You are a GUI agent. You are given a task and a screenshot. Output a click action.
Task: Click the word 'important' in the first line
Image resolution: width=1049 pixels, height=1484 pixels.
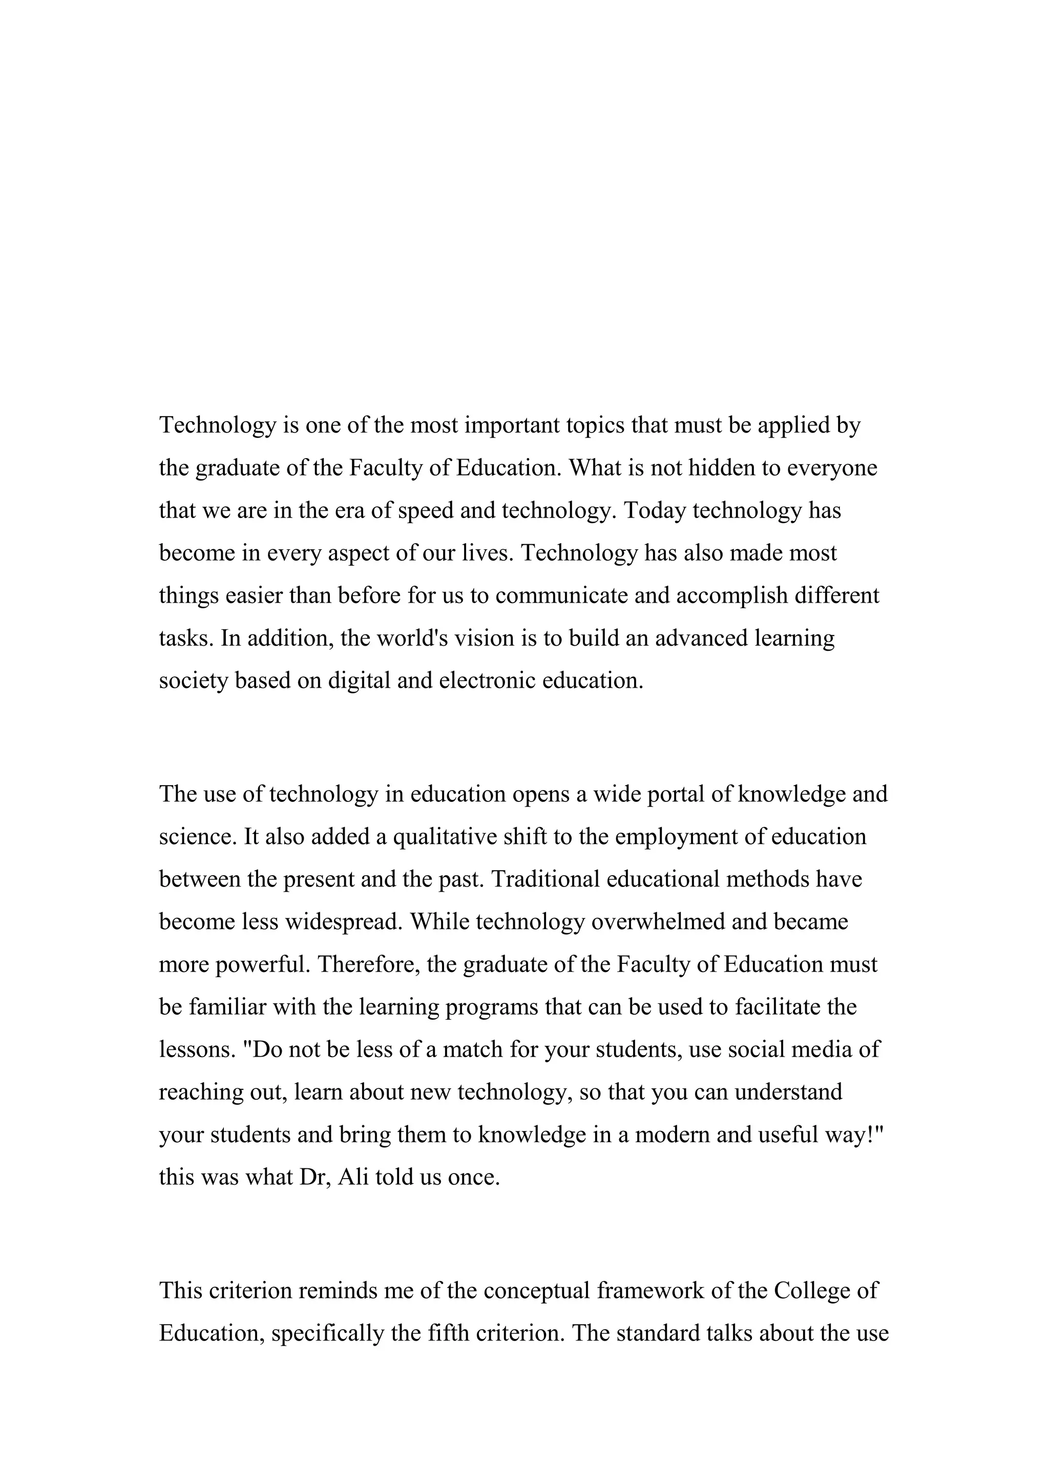click(x=512, y=425)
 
